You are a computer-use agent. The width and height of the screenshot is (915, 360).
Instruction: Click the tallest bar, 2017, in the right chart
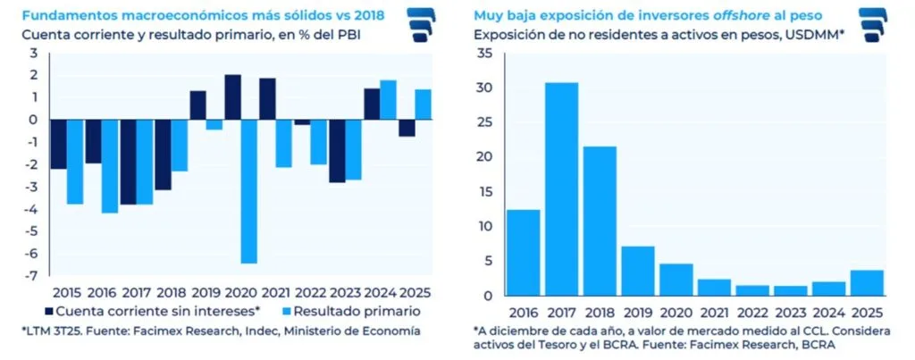point(561,188)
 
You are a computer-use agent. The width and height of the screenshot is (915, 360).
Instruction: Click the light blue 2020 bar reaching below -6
point(249,191)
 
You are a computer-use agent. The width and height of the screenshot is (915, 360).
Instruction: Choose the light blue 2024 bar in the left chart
point(389,100)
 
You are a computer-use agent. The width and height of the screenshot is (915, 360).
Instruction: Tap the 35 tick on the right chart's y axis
point(485,54)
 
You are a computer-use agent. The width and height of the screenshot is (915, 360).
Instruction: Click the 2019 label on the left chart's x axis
point(206,292)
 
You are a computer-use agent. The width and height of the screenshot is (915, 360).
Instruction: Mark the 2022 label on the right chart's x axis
point(752,311)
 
